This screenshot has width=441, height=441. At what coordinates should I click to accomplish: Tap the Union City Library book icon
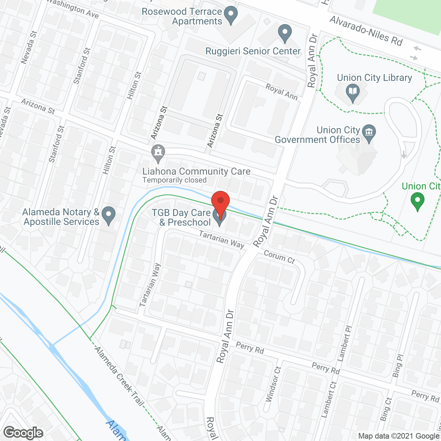(x=353, y=92)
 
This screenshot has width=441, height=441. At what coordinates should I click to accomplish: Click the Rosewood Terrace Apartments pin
(x=231, y=14)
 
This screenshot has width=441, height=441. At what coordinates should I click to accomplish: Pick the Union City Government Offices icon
(x=369, y=133)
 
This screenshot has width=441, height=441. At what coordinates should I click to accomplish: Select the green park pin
(x=418, y=201)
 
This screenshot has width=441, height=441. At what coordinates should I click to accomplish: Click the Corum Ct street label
(x=279, y=257)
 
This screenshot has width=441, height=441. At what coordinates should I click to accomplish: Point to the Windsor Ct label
(x=274, y=384)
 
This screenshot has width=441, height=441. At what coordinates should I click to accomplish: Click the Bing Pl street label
(x=398, y=366)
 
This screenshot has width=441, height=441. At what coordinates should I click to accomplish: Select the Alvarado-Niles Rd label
(x=366, y=31)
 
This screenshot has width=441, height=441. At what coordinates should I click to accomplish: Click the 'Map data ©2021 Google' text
(x=399, y=436)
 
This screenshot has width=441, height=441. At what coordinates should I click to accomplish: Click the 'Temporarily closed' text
(x=174, y=180)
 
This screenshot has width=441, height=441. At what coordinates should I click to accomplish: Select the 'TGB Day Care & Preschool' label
(x=181, y=218)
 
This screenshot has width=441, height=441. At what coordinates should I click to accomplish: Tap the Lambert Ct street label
(x=329, y=399)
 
